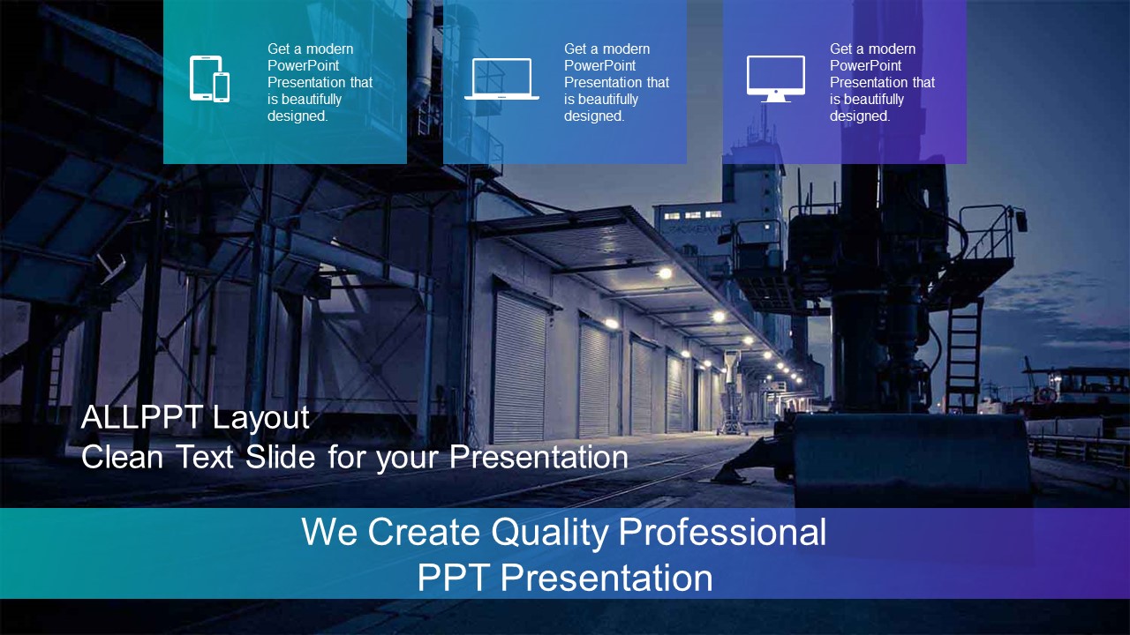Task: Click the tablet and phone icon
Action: click(x=209, y=78)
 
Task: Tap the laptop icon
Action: click(x=501, y=78)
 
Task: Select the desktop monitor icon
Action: click(x=776, y=78)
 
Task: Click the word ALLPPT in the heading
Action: click(x=142, y=417)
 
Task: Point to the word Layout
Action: click(x=260, y=419)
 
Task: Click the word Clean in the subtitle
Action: click(x=122, y=457)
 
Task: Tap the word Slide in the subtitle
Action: click(x=280, y=457)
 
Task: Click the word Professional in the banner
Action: click(x=722, y=531)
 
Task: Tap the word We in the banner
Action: click(x=329, y=531)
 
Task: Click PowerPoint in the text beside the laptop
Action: click(x=599, y=65)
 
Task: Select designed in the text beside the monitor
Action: click(x=860, y=116)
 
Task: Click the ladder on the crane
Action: click(x=963, y=353)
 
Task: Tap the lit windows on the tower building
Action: click(x=692, y=215)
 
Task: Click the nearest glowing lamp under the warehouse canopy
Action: click(x=666, y=273)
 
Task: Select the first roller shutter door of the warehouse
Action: click(x=520, y=368)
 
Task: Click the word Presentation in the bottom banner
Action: click(x=606, y=578)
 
